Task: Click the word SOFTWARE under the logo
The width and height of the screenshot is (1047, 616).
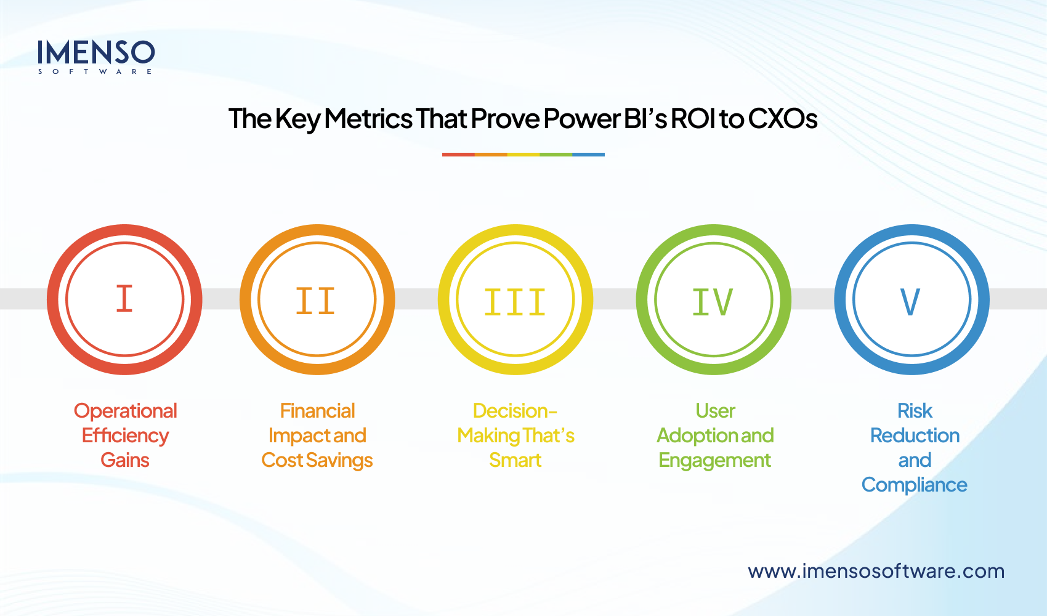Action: [95, 72]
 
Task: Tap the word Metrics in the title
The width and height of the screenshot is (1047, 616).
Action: [368, 118]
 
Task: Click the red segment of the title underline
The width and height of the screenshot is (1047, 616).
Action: [458, 155]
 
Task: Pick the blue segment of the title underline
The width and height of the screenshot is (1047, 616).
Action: [588, 155]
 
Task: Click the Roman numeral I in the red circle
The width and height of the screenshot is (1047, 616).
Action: [124, 299]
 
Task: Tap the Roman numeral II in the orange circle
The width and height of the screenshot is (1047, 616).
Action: [315, 301]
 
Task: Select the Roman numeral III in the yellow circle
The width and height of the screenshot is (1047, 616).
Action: [515, 302]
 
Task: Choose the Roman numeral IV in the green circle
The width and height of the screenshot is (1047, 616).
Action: [713, 302]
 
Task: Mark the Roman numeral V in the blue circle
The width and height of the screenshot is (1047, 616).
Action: [910, 302]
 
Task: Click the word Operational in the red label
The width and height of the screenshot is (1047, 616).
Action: [126, 411]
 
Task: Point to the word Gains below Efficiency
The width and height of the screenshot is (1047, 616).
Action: [125, 460]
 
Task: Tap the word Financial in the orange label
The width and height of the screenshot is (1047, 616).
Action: [317, 411]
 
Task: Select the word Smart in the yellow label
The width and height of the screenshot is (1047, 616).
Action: [515, 460]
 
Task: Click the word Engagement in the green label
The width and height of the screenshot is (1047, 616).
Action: [714, 461]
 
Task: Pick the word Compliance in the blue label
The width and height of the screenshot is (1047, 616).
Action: [914, 485]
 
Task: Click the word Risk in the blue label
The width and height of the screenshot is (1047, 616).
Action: [915, 411]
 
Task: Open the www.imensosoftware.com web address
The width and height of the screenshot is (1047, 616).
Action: [876, 571]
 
